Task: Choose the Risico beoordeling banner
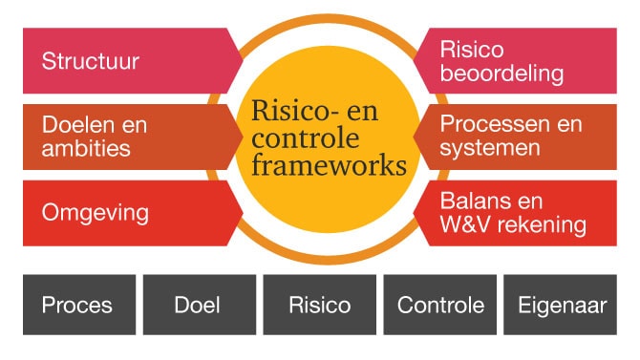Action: (521, 62)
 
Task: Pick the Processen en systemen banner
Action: (521, 137)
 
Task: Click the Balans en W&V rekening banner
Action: (521, 212)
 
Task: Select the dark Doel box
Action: (199, 306)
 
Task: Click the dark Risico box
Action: (319, 306)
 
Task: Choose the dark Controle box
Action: (439, 306)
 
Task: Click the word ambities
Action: (86, 149)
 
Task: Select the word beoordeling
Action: (501, 74)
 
